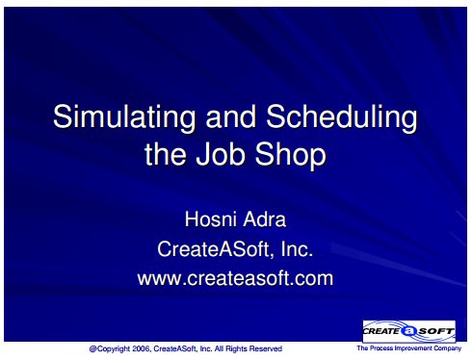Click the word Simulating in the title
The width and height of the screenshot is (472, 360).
tap(124, 117)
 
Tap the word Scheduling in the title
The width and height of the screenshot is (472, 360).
tap(342, 117)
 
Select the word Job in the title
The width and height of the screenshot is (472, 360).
tap(221, 154)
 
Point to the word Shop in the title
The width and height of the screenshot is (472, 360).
tap(290, 156)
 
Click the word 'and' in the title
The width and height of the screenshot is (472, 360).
tap(230, 116)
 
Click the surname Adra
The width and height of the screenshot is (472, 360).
tap(265, 219)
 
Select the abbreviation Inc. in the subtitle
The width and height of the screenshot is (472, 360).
tap(297, 249)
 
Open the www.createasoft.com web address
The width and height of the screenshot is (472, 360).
tap(235, 278)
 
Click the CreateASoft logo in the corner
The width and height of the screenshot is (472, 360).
tap(409, 331)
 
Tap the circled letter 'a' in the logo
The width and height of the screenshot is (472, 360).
tap(408, 331)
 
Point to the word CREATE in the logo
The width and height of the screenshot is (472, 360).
tap(381, 331)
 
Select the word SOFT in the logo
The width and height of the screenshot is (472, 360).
tap(435, 331)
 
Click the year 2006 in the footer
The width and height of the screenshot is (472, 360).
tap(141, 348)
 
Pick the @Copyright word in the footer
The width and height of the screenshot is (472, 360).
tap(110, 349)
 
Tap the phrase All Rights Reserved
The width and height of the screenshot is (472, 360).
tap(249, 348)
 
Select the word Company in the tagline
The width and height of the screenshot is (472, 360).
tap(448, 348)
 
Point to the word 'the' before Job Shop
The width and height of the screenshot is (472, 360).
tap(166, 154)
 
